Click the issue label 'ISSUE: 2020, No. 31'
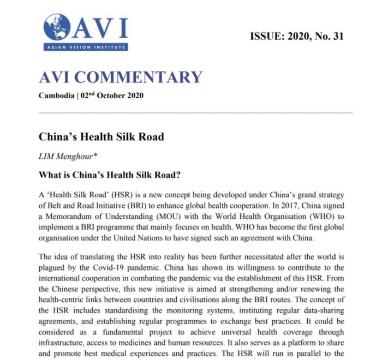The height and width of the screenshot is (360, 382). (x=297, y=37)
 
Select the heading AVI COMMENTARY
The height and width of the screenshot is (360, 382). (x=121, y=77)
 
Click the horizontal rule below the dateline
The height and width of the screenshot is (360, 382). (x=196, y=112)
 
